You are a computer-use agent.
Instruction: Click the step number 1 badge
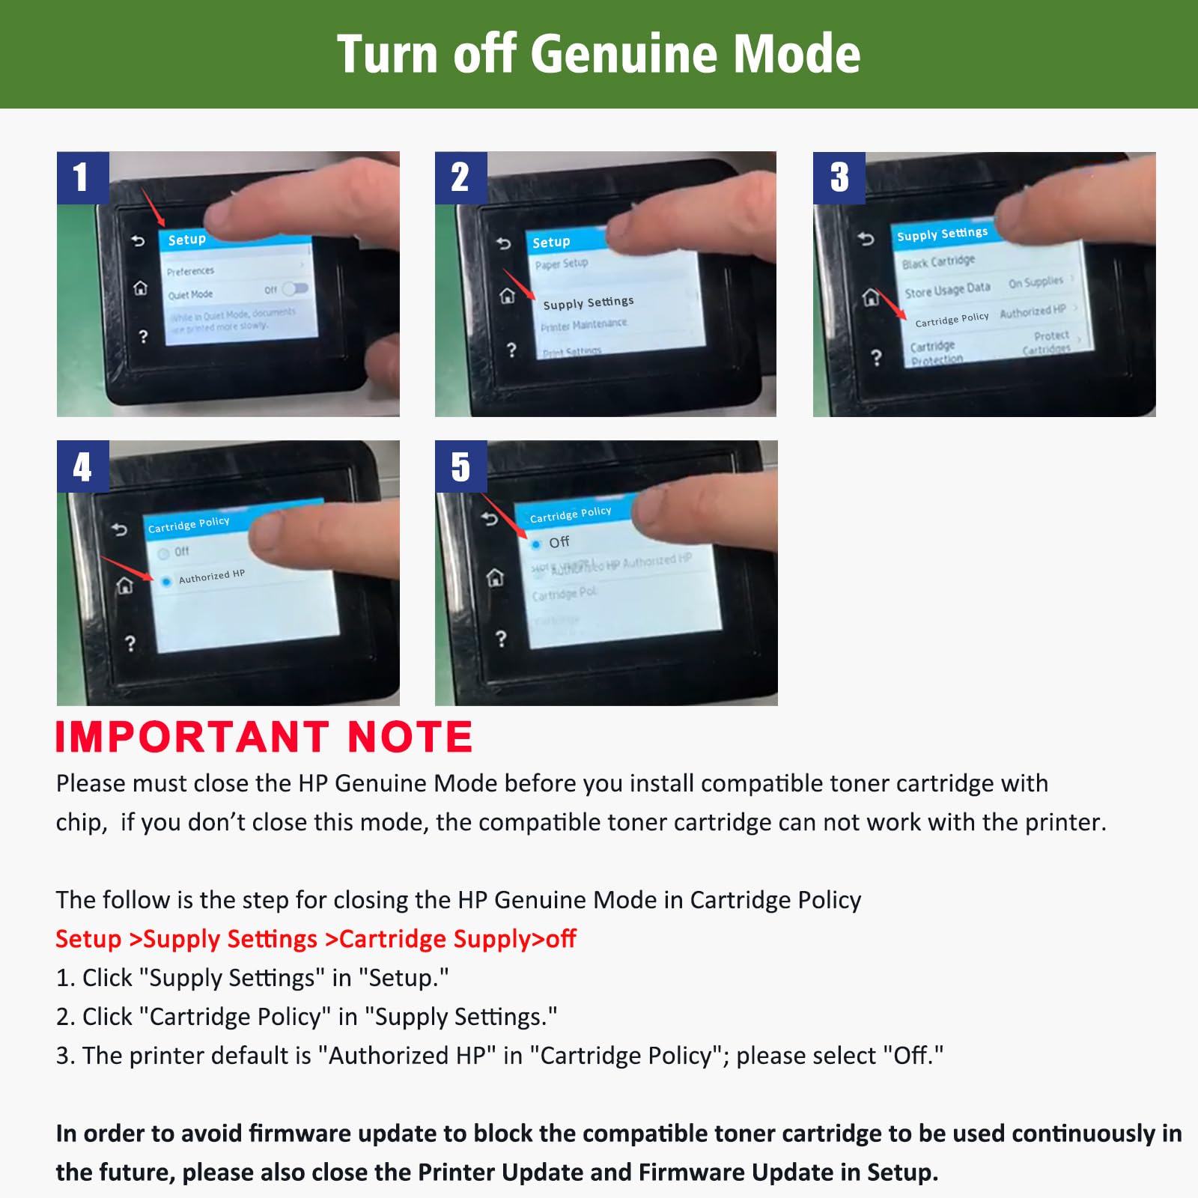[82, 177]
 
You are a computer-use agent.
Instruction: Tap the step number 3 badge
[839, 177]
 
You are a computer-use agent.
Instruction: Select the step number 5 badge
[460, 466]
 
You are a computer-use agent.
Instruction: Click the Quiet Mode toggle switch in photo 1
[295, 288]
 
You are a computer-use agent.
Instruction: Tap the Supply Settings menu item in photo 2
[588, 302]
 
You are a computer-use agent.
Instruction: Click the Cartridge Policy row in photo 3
[952, 319]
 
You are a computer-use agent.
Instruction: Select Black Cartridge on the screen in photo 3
[938, 261]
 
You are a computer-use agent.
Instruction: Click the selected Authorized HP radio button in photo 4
[165, 581]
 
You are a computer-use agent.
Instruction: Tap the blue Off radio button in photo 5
[536, 544]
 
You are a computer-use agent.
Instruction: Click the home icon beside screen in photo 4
[124, 586]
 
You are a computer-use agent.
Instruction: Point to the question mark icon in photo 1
[144, 337]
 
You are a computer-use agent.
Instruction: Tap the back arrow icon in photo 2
[503, 243]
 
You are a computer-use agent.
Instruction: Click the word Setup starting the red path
[88, 939]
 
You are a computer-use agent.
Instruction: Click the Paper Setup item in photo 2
[562, 264]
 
